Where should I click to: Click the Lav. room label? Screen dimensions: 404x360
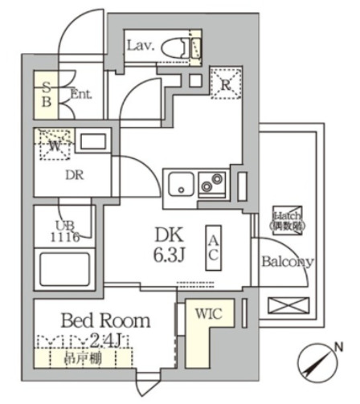coord(141,45)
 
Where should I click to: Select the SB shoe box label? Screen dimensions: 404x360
coord(47,93)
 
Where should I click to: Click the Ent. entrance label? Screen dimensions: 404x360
coord(80,94)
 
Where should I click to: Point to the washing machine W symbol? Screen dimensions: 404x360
coord(53,145)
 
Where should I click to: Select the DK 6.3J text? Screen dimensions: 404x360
coord(170,245)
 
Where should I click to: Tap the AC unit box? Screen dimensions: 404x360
coord(215,246)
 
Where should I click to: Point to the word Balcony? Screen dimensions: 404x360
coord(288,261)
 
